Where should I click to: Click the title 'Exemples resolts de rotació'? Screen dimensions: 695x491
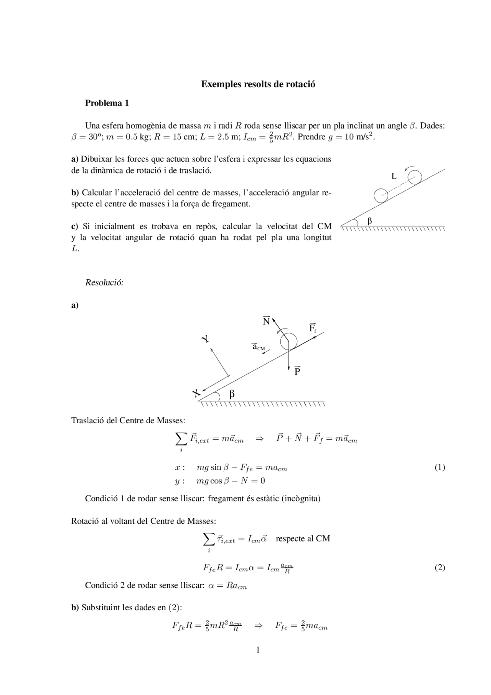point(258,84)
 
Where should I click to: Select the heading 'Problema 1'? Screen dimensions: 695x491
point(107,103)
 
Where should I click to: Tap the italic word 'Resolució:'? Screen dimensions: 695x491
point(104,283)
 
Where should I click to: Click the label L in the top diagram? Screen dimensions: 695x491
point(394,176)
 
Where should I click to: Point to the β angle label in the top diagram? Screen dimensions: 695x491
point(370,221)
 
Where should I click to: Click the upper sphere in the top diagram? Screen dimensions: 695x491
point(414,177)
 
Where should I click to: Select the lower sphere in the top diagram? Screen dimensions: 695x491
point(381,195)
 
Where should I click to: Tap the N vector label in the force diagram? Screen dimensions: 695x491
point(266,321)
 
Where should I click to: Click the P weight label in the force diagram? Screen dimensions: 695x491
point(297,371)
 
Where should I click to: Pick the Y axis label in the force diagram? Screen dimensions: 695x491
point(206,338)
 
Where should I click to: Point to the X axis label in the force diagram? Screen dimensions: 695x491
point(196,393)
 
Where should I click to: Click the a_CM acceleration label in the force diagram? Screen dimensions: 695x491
point(258,347)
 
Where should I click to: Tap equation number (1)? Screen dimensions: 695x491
point(440,467)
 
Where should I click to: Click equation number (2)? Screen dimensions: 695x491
point(440,568)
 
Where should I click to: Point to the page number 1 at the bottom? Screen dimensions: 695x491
point(258,650)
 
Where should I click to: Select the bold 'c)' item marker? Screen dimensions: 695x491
point(75,226)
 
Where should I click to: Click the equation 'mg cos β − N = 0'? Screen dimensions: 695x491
point(231,481)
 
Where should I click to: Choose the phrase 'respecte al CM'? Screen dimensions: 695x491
point(303,538)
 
